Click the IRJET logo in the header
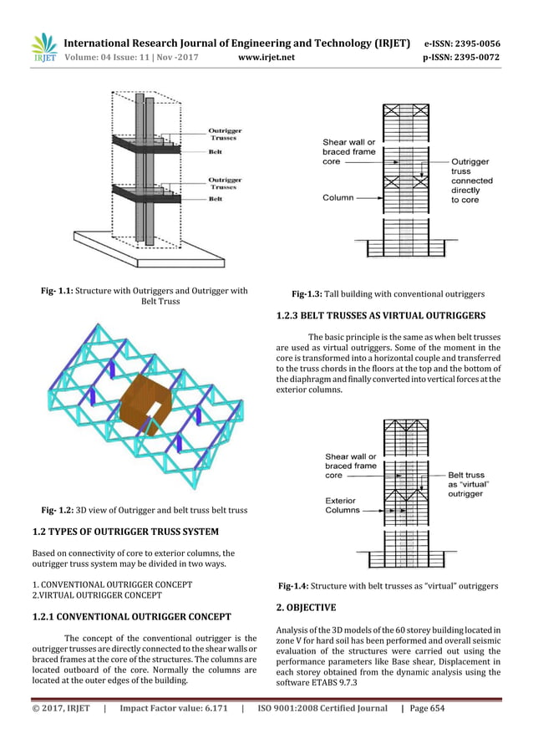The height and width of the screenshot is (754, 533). (x=43, y=48)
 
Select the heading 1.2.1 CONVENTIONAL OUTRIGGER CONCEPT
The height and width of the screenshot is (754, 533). (x=131, y=617)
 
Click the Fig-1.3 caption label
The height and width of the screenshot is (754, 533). (x=309, y=294)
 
